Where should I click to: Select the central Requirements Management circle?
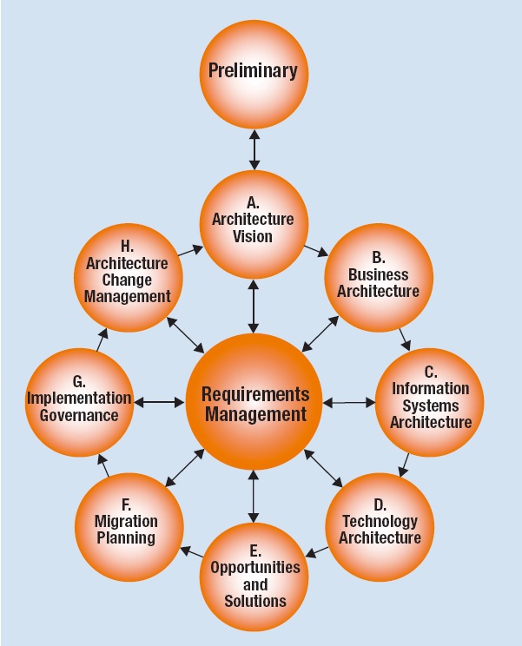click(254, 404)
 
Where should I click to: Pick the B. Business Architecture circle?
click(378, 279)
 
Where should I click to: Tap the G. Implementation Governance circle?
click(79, 402)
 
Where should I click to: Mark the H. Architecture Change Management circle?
click(129, 279)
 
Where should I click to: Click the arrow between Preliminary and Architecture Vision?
click(254, 148)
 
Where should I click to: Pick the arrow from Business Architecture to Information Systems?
click(404, 339)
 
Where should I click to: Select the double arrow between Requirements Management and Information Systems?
click(348, 402)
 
